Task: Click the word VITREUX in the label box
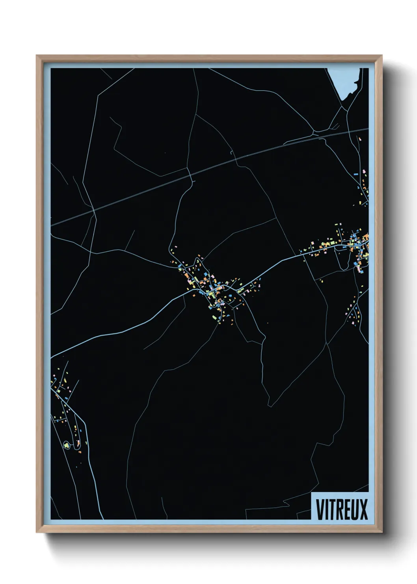pos(341,509)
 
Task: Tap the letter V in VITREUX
pos(319,509)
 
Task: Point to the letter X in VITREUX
pos(363,509)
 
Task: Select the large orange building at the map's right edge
pos(365,238)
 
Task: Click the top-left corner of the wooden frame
pos(37,56)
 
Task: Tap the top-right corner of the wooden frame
pos(382,56)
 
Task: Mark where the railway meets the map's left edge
pos(51,224)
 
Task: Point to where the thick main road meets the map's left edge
pos(51,356)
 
